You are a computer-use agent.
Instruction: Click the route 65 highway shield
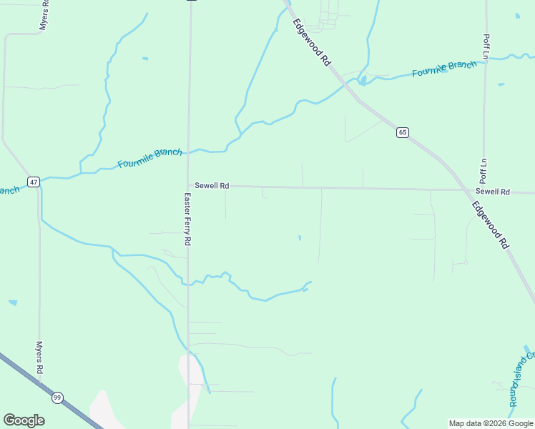pyautogui.click(x=403, y=132)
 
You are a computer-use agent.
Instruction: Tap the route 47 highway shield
pyautogui.click(x=34, y=182)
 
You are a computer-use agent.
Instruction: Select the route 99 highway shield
pyautogui.click(x=57, y=397)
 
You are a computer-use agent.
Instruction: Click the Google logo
pyautogui.click(x=24, y=420)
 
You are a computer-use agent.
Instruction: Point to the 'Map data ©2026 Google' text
pyautogui.click(x=491, y=423)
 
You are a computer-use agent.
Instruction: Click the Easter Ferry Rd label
pyautogui.click(x=187, y=220)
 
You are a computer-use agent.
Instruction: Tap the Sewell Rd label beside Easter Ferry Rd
pyautogui.click(x=212, y=186)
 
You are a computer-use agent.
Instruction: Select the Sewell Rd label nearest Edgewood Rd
pyautogui.click(x=492, y=192)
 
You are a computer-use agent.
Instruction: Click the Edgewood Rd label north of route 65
pyautogui.click(x=313, y=43)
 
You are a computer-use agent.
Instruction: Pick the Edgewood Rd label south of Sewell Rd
pyautogui.click(x=491, y=225)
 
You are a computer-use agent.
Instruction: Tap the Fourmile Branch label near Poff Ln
pyautogui.click(x=444, y=69)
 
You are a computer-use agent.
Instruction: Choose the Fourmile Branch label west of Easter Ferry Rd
pyautogui.click(x=149, y=158)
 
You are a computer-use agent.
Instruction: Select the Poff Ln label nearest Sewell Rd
pyautogui.click(x=484, y=170)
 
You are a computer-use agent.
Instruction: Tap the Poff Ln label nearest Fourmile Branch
pyautogui.click(x=486, y=46)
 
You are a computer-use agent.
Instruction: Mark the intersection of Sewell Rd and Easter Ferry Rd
pyautogui.click(x=189, y=186)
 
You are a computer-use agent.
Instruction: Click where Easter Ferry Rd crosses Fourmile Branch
pyautogui.click(x=190, y=151)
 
